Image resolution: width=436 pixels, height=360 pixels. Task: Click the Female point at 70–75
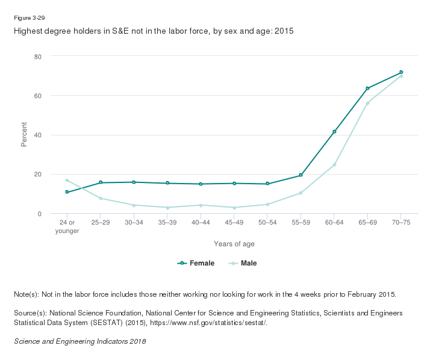click(401, 72)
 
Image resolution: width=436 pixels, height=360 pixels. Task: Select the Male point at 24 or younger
click(67, 181)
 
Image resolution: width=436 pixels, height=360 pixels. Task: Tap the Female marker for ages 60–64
click(334, 132)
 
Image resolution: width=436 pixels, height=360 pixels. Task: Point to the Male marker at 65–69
click(367, 103)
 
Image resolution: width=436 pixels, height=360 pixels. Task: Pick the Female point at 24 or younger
click(67, 192)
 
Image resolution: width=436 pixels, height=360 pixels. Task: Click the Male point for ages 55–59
click(301, 193)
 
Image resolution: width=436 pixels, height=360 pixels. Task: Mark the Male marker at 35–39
click(167, 208)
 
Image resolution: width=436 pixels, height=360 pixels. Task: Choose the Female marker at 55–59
click(301, 175)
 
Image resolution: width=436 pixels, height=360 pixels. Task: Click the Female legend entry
click(196, 263)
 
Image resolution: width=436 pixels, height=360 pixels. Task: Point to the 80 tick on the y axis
click(37, 57)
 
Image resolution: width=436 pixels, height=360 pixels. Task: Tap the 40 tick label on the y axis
click(37, 135)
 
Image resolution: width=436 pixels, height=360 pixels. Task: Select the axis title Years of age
click(234, 244)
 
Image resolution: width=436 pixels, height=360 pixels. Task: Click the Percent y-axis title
click(25, 135)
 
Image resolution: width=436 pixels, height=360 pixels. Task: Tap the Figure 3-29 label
click(29, 17)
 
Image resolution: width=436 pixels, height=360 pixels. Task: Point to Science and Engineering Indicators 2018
click(79, 341)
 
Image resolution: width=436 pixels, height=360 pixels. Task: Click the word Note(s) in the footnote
click(26, 294)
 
